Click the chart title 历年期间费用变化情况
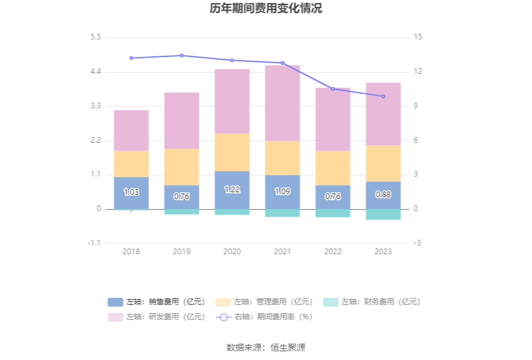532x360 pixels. [x=266, y=9]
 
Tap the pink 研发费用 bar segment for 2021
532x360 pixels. [x=282, y=103]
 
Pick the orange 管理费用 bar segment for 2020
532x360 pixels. [x=232, y=152]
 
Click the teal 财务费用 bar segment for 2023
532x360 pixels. [x=383, y=214]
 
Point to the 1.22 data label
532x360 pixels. [x=232, y=190]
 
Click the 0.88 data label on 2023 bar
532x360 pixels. [x=383, y=195]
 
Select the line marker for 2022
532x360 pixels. [x=333, y=89]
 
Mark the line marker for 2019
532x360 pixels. [x=182, y=56]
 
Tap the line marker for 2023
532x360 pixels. [x=383, y=96]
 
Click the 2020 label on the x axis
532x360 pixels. [x=232, y=252]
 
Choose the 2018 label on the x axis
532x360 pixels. [x=131, y=252]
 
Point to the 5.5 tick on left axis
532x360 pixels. [x=95, y=38]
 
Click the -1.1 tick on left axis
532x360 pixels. [x=94, y=243]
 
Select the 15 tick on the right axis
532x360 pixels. [x=418, y=38]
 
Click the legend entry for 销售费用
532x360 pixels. [x=156, y=302]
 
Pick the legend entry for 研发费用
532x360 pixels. [x=156, y=317]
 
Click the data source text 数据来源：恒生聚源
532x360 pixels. [x=266, y=347]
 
